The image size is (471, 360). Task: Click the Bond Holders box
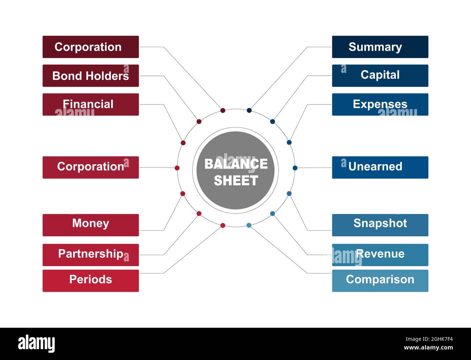[x=91, y=75]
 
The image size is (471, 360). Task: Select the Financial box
[x=91, y=104]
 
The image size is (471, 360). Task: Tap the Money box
[x=91, y=225]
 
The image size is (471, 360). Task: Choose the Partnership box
[x=91, y=255]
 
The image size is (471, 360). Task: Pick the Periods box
[x=91, y=281]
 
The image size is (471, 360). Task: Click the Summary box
[x=380, y=47]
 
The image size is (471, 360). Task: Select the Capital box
[x=380, y=75]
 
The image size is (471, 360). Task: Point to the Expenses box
[x=380, y=104]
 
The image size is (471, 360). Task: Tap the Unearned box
[x=380, y=167]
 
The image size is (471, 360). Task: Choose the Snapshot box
[x=380, y=225]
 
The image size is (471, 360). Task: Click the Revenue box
[x=380, y=255]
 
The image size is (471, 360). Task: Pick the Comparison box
[x=380, y=281]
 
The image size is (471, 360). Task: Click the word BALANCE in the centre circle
[x=236, y=164]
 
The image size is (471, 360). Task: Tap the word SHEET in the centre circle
[x=236, y=180]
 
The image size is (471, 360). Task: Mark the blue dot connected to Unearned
[x=295, y=168]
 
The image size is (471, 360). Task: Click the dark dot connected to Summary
[x=249, y=110]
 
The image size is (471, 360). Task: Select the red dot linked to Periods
[x=223, y=225]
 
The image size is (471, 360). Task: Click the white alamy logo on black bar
[x=37, y=344]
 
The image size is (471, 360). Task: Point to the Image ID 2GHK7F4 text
[x=429, y=339]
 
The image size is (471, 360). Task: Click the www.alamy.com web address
[x=428, y=347]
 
